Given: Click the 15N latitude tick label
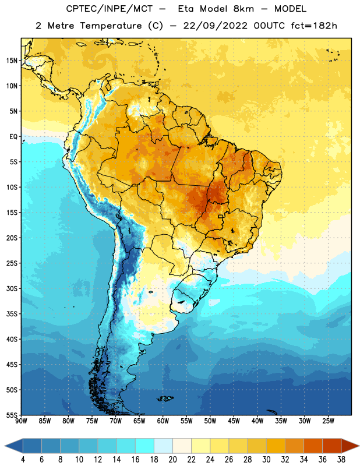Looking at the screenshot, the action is pyautogui.click(x=12, y=61).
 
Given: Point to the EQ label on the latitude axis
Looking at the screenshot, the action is pyautogui.click(x=13, y=137).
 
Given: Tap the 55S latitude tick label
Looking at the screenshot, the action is pyautogui.click(x=12, y=415).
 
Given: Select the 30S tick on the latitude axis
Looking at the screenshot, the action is pyautogui.click(x=12, y=288).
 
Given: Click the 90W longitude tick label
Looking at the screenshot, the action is pyautogui.click(x=21, y=421).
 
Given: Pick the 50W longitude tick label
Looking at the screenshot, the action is pyautogui.click(x=210, y=421).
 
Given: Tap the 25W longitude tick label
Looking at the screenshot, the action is pyautogui.click(x=328, y=421).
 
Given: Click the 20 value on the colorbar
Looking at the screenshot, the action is pyautogui.click(x=172, y=460).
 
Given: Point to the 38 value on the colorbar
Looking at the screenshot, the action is pyautogui.click(x=341, y=460).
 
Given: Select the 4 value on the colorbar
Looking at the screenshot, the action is pyautogui.click(x=23, y=460).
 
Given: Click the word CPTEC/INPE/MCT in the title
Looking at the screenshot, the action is pyautogui.click(x=109, y=9).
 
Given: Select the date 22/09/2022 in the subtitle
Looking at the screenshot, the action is pyautogui.click(x=215, y=26).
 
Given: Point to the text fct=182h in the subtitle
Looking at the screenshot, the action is pyautogui.click(x=314, y=26).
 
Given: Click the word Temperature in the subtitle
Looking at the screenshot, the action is pyautogui.click(x=111, y=26).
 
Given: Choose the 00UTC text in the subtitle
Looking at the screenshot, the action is pyautogui.click(x=269, y=26).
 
